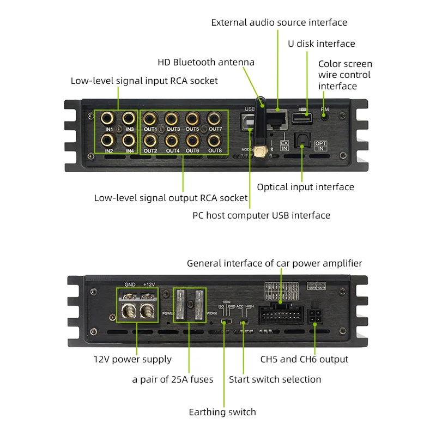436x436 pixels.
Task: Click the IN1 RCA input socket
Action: point(108,118)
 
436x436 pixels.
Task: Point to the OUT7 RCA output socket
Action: point(215,118)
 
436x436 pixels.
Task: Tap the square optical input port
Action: point(300,141)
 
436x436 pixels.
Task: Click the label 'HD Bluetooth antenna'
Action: point(206,62)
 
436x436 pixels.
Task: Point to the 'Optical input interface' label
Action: point(305,187)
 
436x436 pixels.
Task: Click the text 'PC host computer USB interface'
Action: point(261,215)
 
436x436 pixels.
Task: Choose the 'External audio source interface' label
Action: point(279,22)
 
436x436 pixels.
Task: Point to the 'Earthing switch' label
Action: point(222,412)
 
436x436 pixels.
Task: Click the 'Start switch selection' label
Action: point(275,379)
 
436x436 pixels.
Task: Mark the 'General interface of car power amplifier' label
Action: point(274,263)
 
